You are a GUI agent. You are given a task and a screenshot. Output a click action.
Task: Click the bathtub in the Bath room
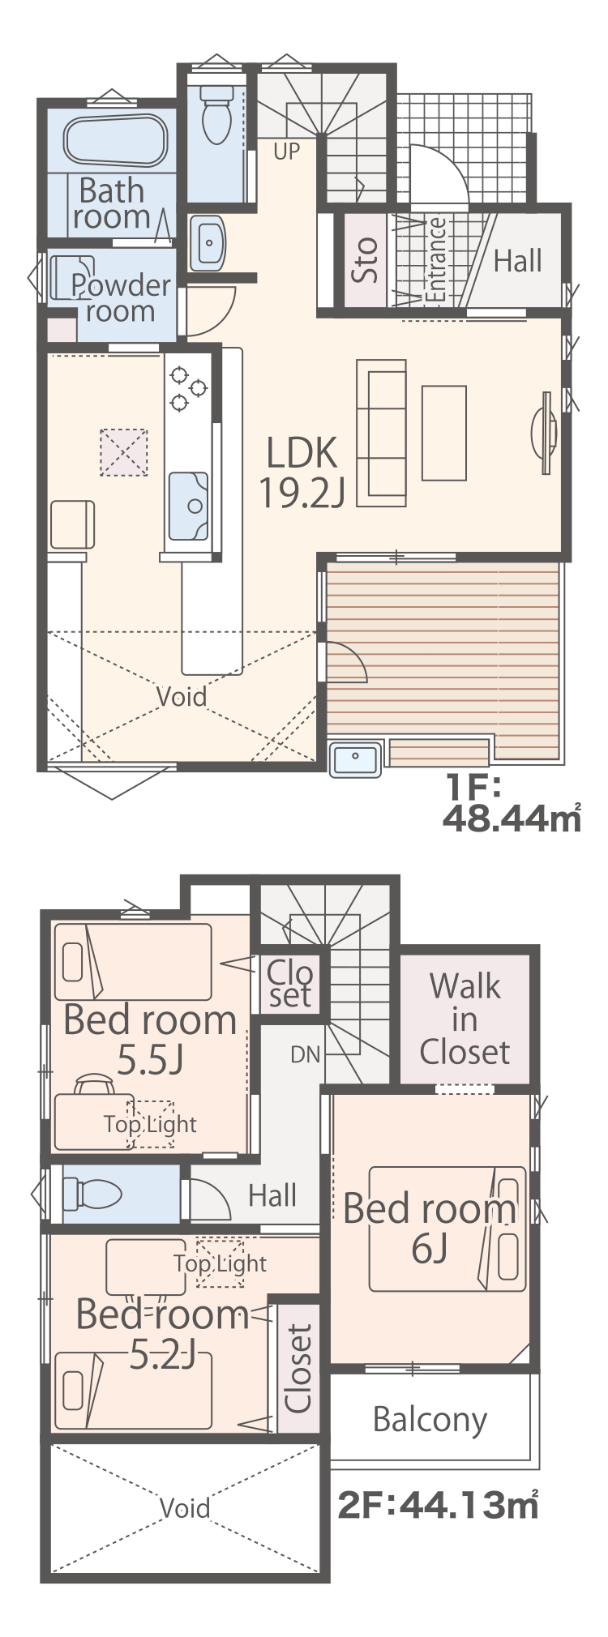click(116, 141)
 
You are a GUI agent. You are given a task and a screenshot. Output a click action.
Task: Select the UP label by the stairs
click(286, 151)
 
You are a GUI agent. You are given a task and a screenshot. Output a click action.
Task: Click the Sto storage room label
click(366, 259)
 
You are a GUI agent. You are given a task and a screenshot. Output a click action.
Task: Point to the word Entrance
click(435, 260)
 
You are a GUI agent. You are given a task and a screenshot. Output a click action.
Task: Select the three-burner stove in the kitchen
click(187, 388)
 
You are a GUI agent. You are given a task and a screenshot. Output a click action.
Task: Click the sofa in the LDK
click(382, 434)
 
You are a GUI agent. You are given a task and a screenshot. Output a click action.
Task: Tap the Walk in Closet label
click(465, 1019)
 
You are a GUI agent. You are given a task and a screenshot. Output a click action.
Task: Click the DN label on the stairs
click(305, 1054)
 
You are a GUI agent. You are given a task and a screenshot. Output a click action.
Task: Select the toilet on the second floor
click(92, 1194)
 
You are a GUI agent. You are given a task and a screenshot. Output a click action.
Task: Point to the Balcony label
click(430, 1419)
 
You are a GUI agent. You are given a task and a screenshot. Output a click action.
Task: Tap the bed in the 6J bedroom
click(447, 1229)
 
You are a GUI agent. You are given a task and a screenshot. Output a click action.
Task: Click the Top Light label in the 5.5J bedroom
click(150, 1124)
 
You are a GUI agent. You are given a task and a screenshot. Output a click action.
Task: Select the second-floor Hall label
click(272, 1195)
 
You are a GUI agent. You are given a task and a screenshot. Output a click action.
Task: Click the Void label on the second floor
click(185, 1508)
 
